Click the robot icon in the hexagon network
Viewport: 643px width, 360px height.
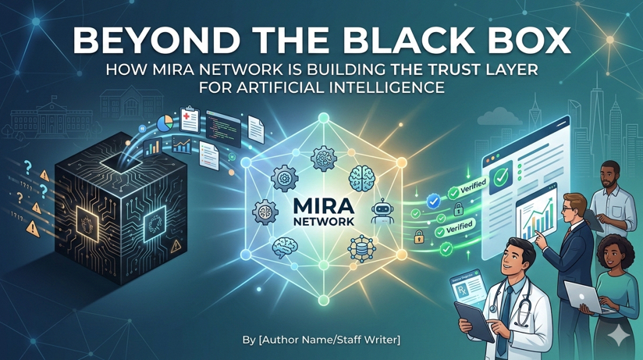[x=382, y=211]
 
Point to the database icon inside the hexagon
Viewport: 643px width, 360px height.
[x=362, y=248]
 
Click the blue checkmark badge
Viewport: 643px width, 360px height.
[x=433, y=201]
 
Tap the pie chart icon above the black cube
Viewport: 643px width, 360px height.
[x=165, y=123]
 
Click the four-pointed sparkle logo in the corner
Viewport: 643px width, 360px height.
[x=620, y=335]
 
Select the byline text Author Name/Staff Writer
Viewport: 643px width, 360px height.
[x=321, y=340]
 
